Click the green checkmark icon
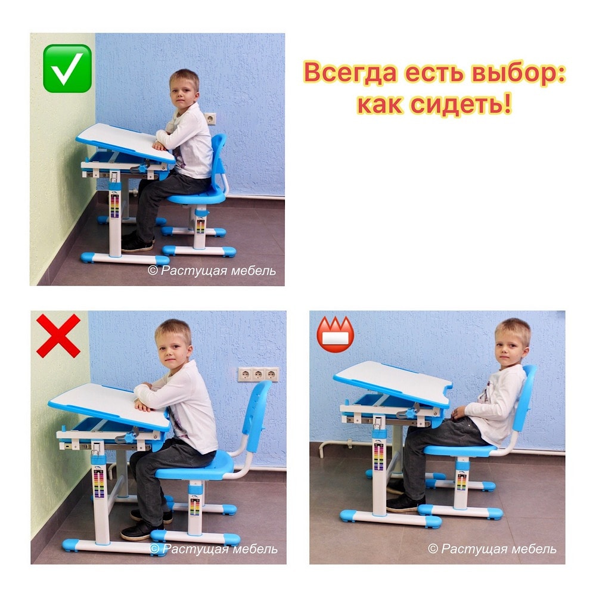click(x=67, y=69)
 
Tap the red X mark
click(x=58, y=336)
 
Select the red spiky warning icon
click(x=335, y=334)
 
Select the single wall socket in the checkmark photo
click(x=210, y=119)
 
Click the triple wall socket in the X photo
click(x=258, y=374)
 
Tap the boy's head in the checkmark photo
click(x=185, y=90)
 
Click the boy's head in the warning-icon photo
click(x=511, y=339)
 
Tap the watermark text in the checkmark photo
click(x=212, y=271)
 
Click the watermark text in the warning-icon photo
click(x=492, y=548)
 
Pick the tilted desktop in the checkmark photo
click(x=125, y=143)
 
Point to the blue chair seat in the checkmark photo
click(x=197, y=197)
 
